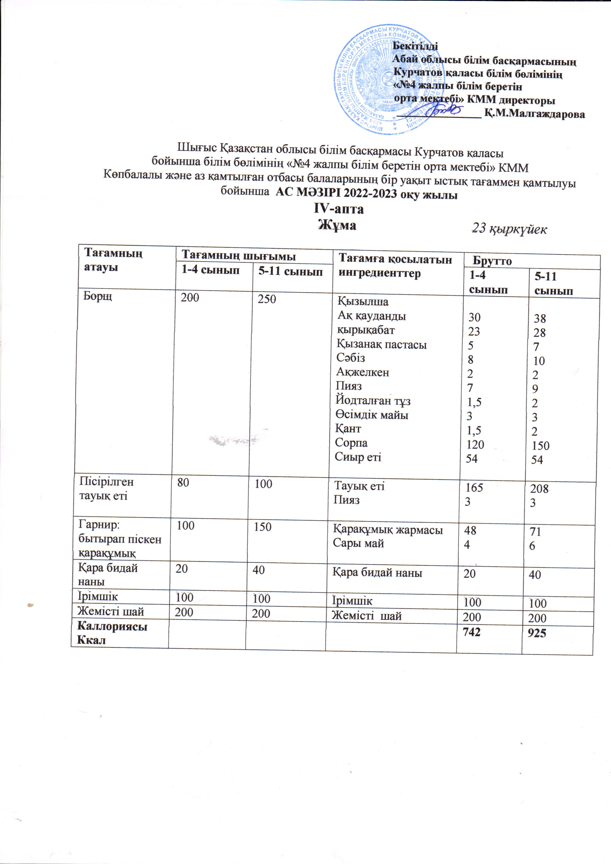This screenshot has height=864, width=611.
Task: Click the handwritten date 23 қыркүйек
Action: [x=510, y=229]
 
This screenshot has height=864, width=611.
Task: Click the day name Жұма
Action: [x=337, y=225]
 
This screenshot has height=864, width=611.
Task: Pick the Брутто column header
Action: [x=492, y=261]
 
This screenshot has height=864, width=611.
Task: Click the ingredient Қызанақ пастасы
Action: [x=381, y=344]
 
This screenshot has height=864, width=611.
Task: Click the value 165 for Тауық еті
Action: [x=474, y=488]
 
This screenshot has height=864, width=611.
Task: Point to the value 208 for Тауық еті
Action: [x=539, y=489]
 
